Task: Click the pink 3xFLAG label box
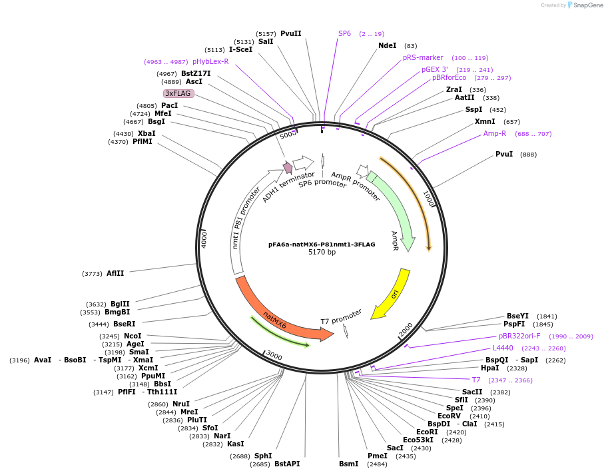tap(178, 93)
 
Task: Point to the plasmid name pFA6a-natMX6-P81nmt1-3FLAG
tap(322, 244)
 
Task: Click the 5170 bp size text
tap(322, 252)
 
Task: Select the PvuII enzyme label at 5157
tap(290, 33)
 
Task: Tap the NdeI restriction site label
tap(387, 45)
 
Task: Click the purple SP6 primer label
tap(344, 33)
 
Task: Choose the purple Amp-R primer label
tap(495, 133)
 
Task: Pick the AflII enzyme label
tap(115, 273)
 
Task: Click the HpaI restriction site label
tap(489, 367)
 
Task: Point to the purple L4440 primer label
tap(503, 348)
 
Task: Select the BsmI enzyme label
tap(348, 464)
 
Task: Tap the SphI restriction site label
tap(263, 456)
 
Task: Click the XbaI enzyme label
tap(147, 133)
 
